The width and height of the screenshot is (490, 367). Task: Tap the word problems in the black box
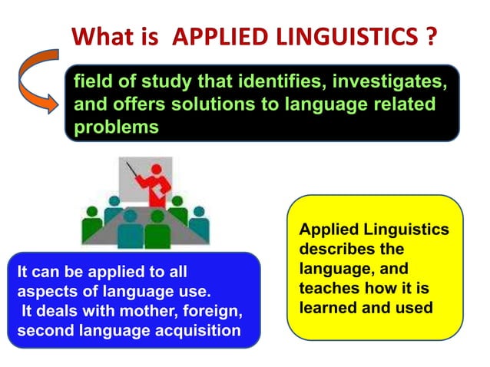(116, 127)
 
